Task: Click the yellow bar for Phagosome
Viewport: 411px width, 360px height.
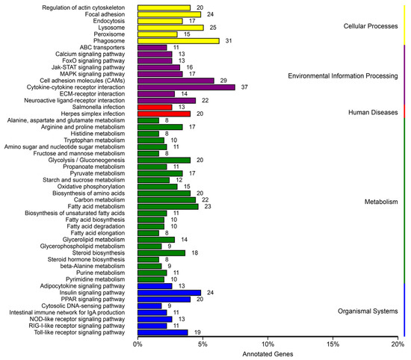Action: (178, 41)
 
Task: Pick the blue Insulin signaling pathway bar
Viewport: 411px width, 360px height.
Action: (169, 293)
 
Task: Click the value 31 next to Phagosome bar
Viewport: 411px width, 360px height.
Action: (229, 41)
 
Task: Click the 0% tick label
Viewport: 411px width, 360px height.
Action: (137, 345)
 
